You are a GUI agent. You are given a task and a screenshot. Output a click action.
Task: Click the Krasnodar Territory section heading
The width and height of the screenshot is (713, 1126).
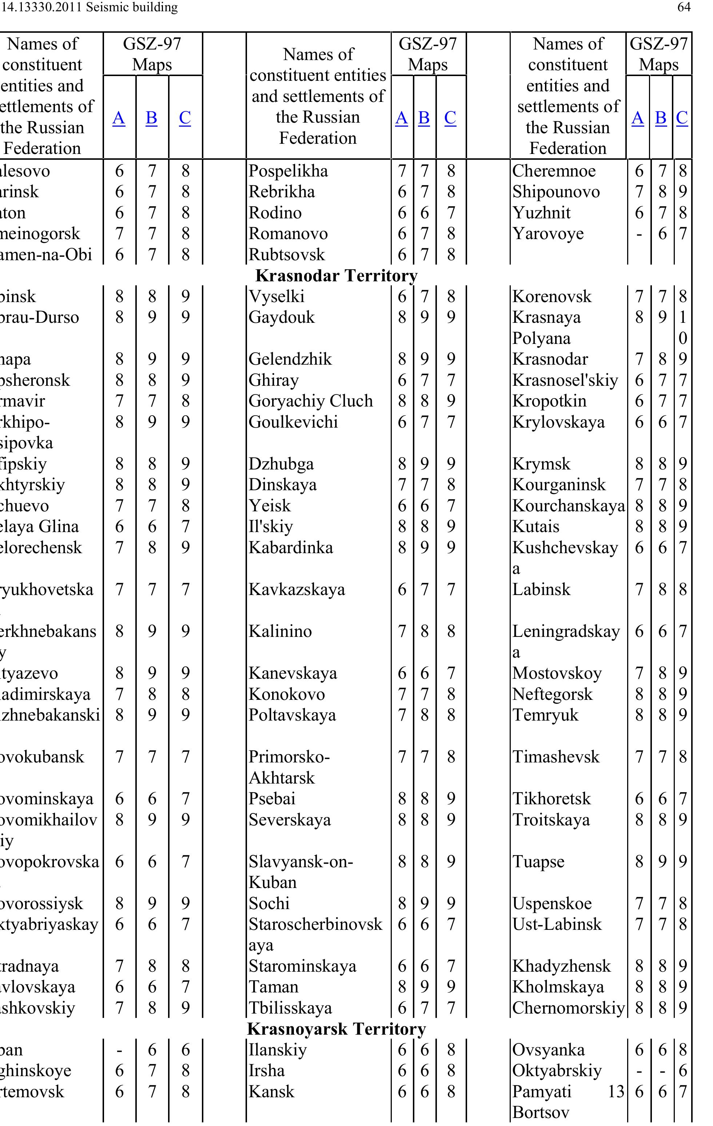pos(336,275)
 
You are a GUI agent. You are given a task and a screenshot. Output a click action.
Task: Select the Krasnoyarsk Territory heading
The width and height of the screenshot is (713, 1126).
pos(336,1029)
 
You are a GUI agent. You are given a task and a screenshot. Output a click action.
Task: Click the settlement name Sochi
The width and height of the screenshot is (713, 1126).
pos(269,903)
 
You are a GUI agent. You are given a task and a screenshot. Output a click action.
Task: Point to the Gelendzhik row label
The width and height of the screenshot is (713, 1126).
pos(290,359)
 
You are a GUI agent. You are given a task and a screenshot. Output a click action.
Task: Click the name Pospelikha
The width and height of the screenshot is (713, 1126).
pos(288,171)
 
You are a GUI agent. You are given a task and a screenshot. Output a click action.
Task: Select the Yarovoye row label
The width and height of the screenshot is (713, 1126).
pos(548,233)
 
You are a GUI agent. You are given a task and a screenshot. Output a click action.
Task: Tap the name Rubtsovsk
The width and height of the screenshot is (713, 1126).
pos(287,254)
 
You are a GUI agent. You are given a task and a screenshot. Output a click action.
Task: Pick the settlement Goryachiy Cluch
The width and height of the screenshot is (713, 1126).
pos(310,401)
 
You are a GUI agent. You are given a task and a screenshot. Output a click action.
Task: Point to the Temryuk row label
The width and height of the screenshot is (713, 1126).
pos(545,715)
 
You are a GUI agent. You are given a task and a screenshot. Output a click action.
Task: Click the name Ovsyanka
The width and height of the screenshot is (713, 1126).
pos(548,1050)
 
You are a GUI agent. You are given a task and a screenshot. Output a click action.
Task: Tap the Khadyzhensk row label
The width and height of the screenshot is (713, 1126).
pos(561,966)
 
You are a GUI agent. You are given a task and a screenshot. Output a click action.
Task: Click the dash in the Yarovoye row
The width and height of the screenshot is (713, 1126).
pos(639,234)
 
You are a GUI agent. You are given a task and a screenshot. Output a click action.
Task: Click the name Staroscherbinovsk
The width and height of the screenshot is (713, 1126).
pos(315,924)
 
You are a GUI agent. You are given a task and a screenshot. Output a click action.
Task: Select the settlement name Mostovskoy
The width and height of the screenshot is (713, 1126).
pos(557,673)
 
